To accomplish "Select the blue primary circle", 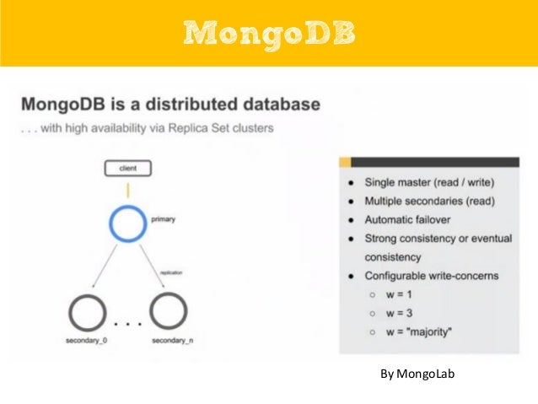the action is [x=129, y=224].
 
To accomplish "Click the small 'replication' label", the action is [x=169, y=272].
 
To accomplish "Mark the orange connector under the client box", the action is [x=129, y=190].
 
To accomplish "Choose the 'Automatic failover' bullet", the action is [x=406, y=219].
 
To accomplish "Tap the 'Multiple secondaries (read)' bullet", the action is [x=428, y=201].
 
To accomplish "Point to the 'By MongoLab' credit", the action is [x=417, y=373].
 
